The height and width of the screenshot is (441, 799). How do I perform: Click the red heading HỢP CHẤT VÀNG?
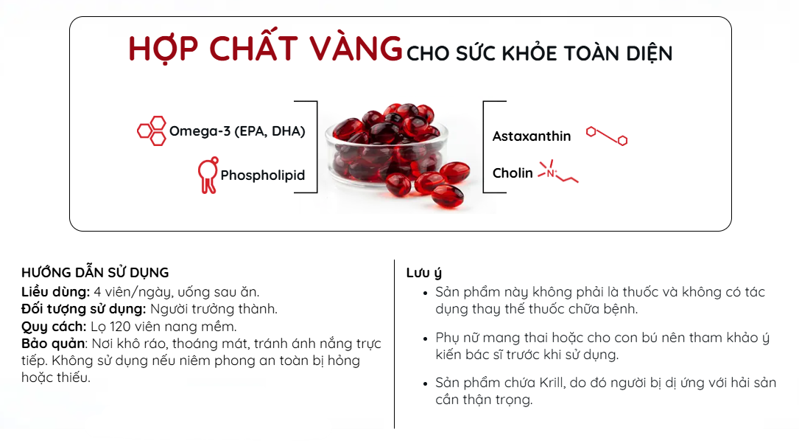265,49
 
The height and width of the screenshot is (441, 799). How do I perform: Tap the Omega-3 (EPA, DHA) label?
237,131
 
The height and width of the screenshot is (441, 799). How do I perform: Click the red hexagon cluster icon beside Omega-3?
152,131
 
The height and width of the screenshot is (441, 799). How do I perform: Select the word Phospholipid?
262,175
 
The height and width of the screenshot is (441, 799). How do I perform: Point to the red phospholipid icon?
208,175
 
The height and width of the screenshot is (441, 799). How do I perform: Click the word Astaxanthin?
532,136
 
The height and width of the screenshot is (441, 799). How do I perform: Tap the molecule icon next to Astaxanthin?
606,136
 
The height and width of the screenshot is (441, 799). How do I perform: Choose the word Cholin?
513,173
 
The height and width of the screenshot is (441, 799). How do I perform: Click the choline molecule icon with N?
558,172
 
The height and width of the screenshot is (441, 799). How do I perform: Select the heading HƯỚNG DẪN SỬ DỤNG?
95,272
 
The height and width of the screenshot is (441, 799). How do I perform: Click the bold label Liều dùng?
55,292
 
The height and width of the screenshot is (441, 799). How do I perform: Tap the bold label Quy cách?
54,326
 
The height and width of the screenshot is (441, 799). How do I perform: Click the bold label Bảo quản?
53,343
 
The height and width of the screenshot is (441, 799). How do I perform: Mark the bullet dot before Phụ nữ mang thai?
426,338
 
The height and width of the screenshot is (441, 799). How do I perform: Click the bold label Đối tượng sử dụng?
83,309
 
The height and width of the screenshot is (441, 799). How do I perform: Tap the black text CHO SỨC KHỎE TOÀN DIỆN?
539,53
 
